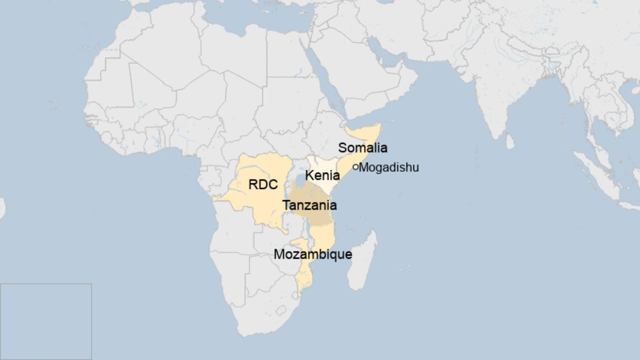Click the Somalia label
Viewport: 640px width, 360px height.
[363, 148]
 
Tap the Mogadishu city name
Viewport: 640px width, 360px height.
[389, 167]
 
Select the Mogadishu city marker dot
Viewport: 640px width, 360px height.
[356, 167]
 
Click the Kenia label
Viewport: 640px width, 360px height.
[322, 175]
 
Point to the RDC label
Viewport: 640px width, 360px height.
[263, 184]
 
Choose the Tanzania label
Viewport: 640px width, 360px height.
[310, 205]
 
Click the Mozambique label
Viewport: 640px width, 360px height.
[313, 254]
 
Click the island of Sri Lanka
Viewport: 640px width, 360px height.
[510, 142]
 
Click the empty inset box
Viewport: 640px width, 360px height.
[46, 321]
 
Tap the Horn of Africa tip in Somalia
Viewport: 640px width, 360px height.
[379, 125]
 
